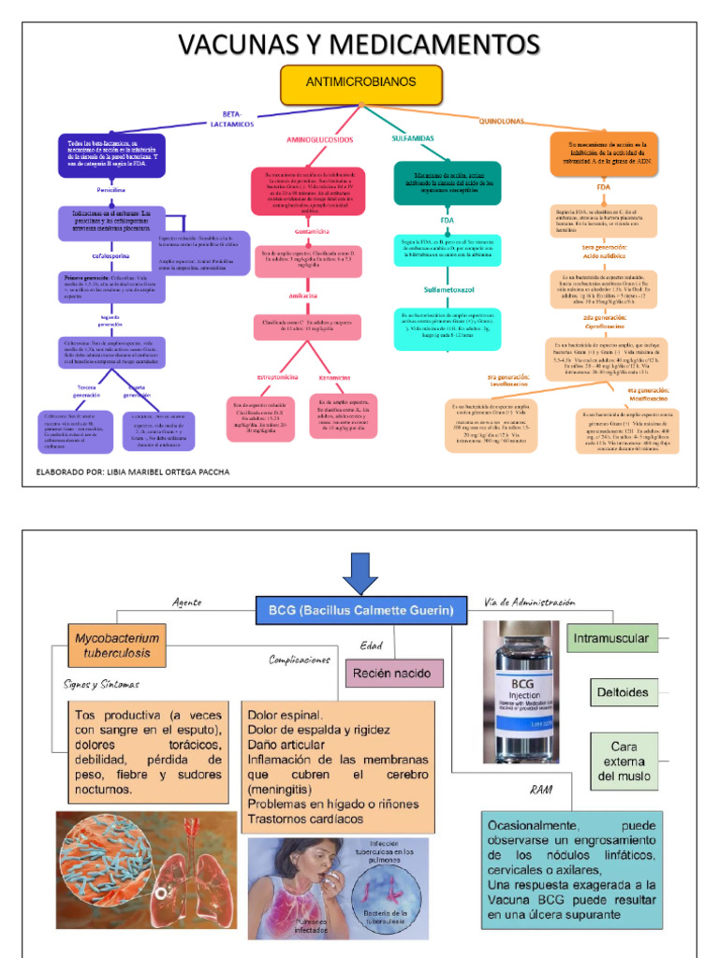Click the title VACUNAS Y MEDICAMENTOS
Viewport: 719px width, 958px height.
(359, 44)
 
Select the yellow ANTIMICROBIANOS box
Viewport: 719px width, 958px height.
(360, 84)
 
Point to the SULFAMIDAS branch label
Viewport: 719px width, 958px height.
(412, 138)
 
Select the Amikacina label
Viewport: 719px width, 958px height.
(308, 296)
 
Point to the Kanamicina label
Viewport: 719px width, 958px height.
(334, 378)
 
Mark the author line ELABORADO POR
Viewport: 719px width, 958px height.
(132, 472)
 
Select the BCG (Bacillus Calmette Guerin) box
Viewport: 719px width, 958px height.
(360, 611)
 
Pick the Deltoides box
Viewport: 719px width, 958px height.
(623, 693)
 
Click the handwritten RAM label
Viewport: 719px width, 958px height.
(541, 791)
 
